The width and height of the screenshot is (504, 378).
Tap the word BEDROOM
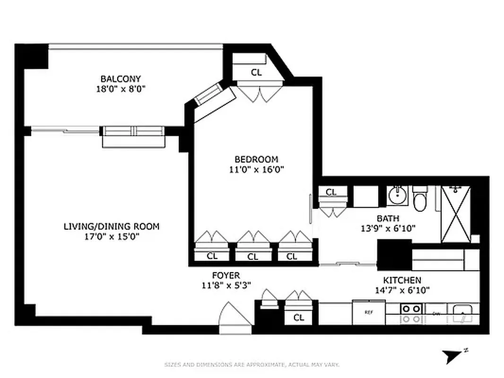coord(256,159)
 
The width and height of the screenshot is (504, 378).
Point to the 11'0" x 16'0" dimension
coord(256,169)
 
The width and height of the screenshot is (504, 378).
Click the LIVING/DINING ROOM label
coord(111,226)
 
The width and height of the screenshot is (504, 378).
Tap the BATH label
coord(388,218)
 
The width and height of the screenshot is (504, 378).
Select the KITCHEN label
coord(402,280)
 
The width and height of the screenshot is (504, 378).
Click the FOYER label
coord(226,275)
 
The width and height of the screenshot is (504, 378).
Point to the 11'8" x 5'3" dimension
coord(226,285)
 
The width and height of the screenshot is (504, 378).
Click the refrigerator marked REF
coord(369,312)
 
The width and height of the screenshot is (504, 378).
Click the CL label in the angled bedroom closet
coord(256,72)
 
